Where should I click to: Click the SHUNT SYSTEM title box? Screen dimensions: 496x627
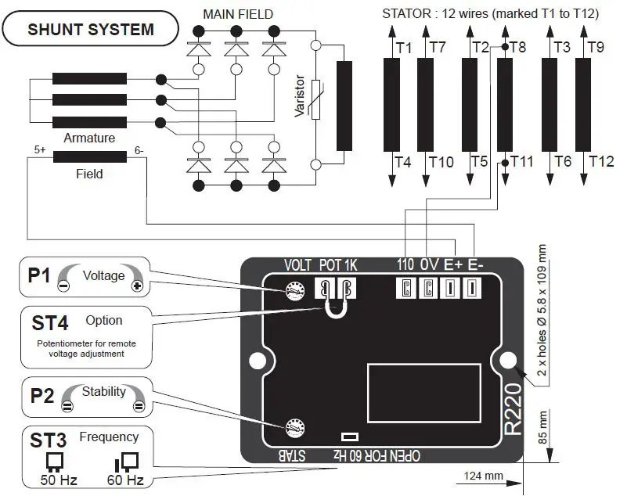click(90, 31)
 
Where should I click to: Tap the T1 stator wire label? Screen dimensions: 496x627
click(404, 48)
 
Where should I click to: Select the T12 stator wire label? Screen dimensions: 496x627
click(601, 162)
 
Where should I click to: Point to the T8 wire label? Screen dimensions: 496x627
click(518, 48)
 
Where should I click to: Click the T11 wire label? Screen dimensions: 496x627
click(521, 162)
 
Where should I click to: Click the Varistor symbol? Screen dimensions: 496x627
click(315, 100)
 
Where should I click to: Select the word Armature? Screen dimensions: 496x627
click(89, 138)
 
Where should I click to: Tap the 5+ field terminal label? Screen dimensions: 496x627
click(40, 149)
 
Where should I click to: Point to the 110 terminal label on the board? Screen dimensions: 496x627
click(405, 264)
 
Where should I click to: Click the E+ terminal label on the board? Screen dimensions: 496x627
click(453, 264)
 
